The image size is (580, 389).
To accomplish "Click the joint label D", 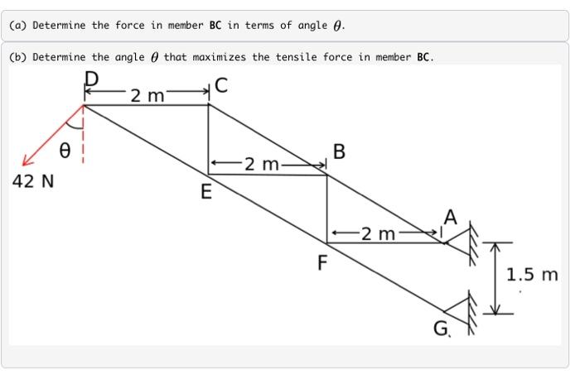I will pyautogui.click(x=93, y=79).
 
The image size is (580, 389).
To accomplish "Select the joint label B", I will pyautogui.click(x=338, y=152).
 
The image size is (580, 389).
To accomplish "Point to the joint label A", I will pyautogui.click(x=450, y=217).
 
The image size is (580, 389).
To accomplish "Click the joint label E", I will pyautogui.click(x=206, y=194).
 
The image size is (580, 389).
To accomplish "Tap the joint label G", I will pyautogui.click(x=441, y=330).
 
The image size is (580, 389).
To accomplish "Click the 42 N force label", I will pyautogui.click(x=33, y=181).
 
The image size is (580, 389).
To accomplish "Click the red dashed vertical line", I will pyautogui.click(x=84, y=141).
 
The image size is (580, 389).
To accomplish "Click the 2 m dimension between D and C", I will pyautogui.click(x=147, y=96).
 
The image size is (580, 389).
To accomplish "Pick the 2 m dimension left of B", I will pyautogui.click(x=268, y=165).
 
